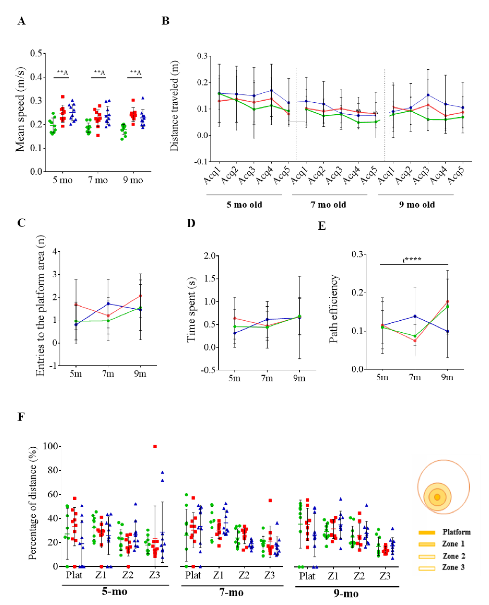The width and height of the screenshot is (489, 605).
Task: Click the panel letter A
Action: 21,21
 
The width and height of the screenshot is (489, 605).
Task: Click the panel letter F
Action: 21,417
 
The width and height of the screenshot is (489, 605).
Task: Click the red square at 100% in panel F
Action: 155,446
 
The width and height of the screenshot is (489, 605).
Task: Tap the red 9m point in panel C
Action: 140,296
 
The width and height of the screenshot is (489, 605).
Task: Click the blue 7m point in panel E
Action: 415,316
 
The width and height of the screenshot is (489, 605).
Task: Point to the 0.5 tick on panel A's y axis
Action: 36,53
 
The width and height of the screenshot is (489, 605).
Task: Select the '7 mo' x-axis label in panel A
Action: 98,180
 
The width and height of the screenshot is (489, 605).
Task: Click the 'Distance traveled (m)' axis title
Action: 174,106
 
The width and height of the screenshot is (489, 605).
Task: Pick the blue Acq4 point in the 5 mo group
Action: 271,90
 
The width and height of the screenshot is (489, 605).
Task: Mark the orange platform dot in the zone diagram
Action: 437,497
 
